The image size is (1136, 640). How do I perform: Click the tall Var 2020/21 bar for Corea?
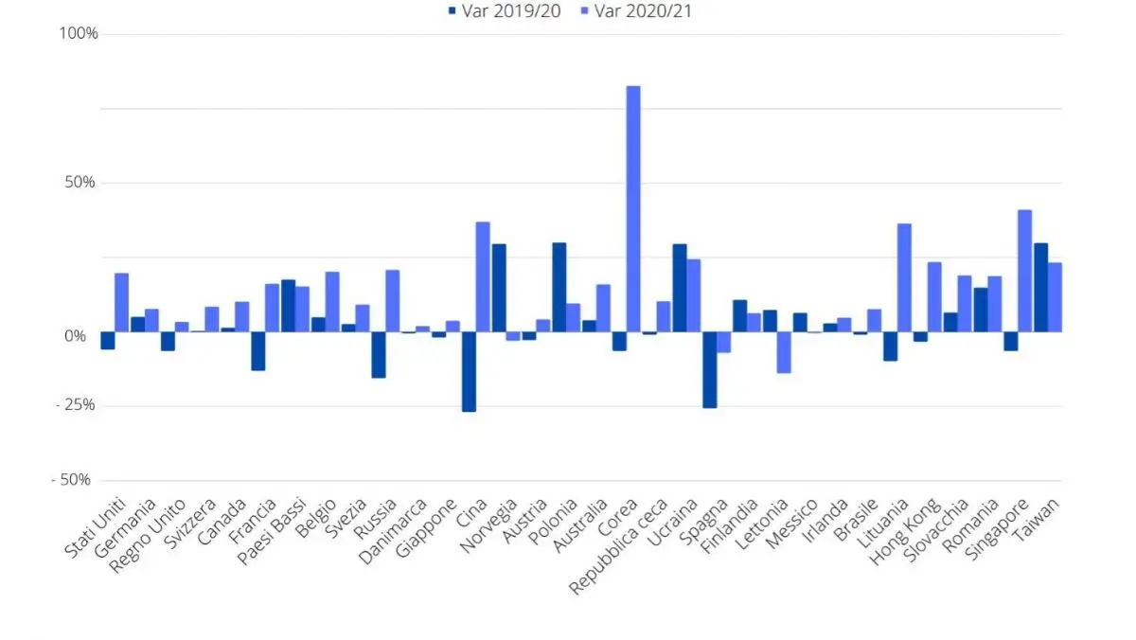click(x=633, y=208)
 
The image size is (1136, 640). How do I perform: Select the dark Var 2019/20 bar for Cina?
click(x=469, y=371)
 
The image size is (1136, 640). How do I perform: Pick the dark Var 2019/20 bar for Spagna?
click(x=709, y=369)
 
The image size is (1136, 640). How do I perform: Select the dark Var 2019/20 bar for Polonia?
click(x=559, y=287)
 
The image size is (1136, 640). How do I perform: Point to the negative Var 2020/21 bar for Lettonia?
click(x=784, y=352)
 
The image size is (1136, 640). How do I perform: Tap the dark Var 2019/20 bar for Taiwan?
click(x=1040, y=287)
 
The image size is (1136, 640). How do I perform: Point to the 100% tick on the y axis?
click(x=80, y=34)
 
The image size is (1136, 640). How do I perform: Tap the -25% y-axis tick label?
click(x=77, y=405)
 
